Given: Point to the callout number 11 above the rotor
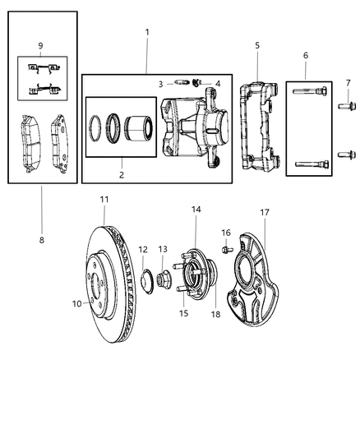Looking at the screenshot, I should click(104, 200).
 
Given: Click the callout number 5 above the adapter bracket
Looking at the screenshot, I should click(256, 46).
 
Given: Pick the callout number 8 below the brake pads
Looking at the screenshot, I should click(41, 240).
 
